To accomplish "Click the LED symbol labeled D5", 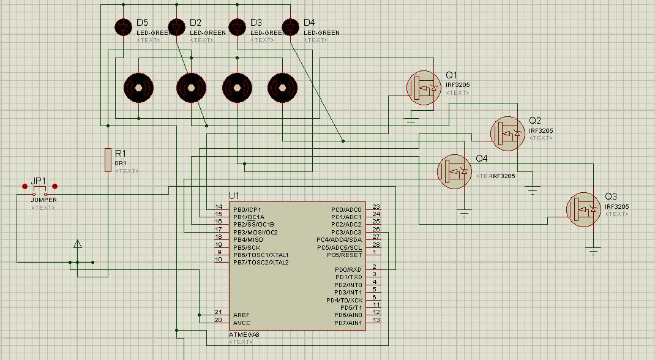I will (x=124, y=27).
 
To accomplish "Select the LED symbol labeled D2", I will (x=177, y=27).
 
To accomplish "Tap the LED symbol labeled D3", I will (x=237, y=27).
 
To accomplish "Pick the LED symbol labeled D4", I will (x=290, y=27).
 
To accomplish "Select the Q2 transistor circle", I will (x=507, y=133).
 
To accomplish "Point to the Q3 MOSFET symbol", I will (x=583, y=209).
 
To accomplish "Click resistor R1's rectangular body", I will (x=108, y=160).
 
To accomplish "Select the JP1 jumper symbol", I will (x=40, y=193).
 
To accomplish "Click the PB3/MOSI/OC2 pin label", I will (x=255, y=232).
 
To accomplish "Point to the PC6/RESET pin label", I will (x=345, y=255).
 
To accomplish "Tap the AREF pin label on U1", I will (x=241, y=315).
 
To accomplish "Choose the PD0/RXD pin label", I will (x=348, y=269).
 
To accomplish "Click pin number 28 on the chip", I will (x=376, y=245).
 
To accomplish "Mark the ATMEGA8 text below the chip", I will (x=244, y=334).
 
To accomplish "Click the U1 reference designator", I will (x=234, y=195).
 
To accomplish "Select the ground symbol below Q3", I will (x=593, y=250).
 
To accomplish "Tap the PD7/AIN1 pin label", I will (x=348, y=323).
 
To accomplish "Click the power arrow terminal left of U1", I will (x=78, y=245).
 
